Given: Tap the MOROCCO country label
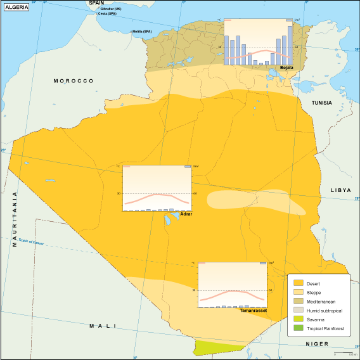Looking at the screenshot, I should tap(74, 81).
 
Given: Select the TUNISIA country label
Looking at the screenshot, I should tap(321, 103).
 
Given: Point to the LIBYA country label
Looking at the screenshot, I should tap(340, 190).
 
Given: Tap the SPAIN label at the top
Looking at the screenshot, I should tap(96, 3).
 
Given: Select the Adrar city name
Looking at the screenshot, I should tap(186, 214).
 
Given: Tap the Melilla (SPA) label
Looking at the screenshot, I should tap(142, 32).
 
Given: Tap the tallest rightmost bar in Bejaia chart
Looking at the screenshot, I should tap(290, 45).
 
